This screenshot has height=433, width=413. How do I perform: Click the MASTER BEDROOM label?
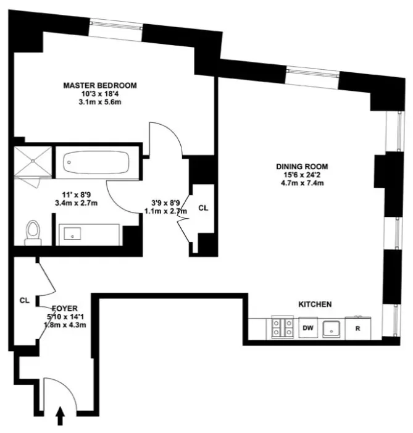click(99, 85)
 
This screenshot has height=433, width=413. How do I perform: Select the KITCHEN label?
click(315, 305)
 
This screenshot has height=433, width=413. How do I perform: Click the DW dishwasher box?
click(307, 329)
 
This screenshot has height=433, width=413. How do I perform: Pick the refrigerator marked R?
click(357, 329)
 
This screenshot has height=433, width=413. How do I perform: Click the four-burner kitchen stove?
click(282, 328)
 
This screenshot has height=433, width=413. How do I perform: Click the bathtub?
click(96, 162)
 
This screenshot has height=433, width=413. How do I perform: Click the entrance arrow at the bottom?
click(60, 418)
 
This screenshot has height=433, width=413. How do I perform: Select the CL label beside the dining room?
click(202, 208)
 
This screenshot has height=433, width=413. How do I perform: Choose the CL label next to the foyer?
click(24, 301)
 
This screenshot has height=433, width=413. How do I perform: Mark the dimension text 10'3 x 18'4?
click(99, 94)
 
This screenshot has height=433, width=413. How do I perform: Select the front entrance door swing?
click(64, 395)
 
